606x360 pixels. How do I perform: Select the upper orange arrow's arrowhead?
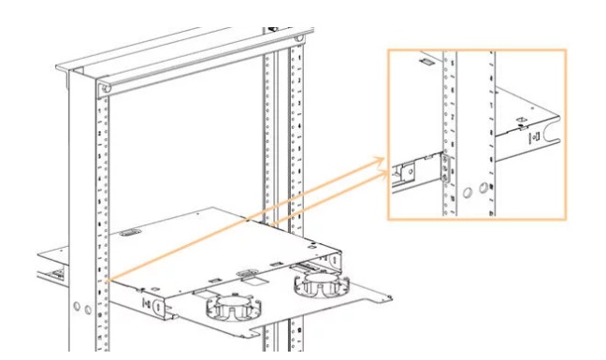[x=382, y=162]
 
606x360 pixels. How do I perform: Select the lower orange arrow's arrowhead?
[x=382, y=175]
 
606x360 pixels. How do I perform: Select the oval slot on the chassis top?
[x=130, y=230]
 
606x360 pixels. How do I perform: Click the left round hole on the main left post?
[x=76, y=308]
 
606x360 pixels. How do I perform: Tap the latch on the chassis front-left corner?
[x=146, y=301]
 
